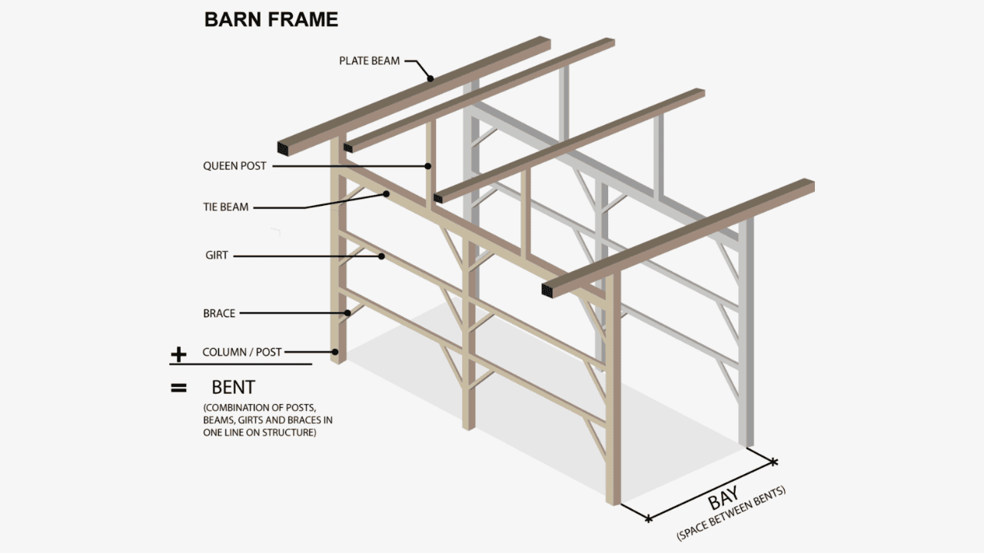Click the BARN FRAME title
(271, 20)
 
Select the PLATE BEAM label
(369, 61)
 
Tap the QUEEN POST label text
(234, 166)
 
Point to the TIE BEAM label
(225, 207)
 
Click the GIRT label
(217, 256)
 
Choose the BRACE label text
(219, 313)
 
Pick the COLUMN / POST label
(241, 353)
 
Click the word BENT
(233, 388)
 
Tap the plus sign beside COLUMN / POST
(178, 354)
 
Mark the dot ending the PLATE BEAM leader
(430, 78)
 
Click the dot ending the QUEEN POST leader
(429, 165)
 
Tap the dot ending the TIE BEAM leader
(387, 195)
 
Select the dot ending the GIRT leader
(381, 257)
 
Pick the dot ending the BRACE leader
(348, 313)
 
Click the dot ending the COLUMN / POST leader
(335, 352)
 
